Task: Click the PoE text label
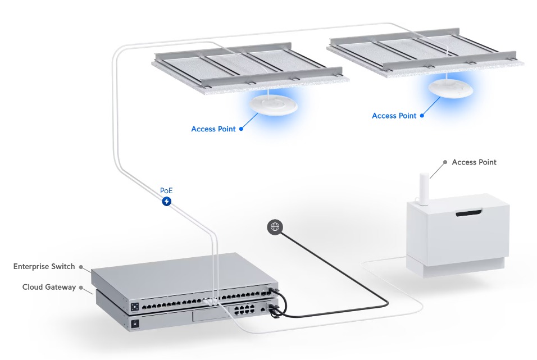(166, 190)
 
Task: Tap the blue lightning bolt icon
(166, 201)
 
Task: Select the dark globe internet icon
(275, 227)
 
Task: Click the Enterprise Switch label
(44, 266)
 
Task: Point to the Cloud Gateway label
(49, 287)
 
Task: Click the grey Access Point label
(474, 162)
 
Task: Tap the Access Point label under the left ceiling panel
(213, 129)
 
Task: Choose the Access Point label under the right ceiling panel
(394, 116)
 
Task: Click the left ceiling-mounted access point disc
(274, 104)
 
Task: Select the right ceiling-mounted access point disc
(450, 88)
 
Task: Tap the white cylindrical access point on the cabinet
(424, 189)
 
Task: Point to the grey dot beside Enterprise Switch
(81, 267)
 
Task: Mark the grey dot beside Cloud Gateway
(81, 288)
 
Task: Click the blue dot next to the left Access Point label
(241, 129)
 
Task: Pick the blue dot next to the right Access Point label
(422, 116)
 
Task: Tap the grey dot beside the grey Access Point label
(445, 162)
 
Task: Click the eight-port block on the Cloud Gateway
(244, 310)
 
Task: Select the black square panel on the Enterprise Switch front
(135, 306)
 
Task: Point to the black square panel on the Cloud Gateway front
(135, 323)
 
